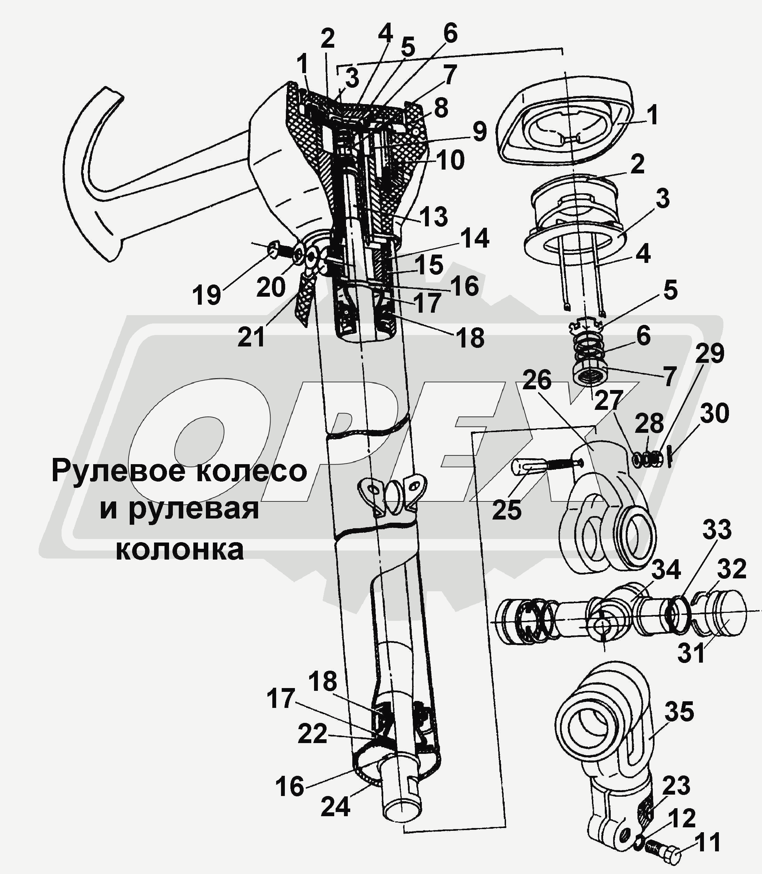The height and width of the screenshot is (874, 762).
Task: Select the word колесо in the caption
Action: tap(261, 471)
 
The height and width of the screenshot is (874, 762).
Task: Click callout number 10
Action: tap(450, 161)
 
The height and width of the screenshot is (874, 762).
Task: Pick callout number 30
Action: tap(714, 413)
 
